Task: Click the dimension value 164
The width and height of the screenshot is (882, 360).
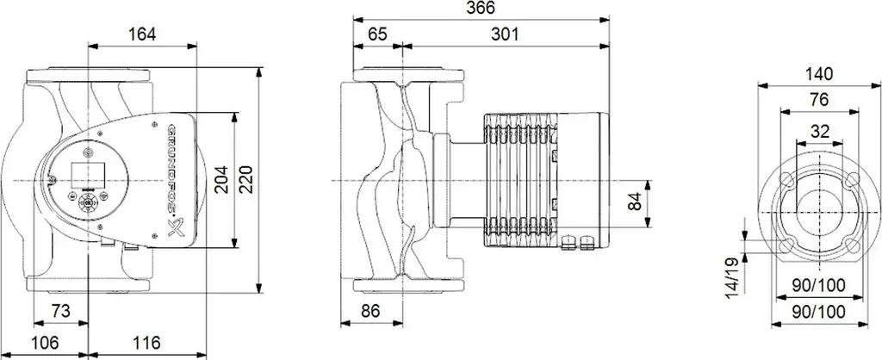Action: tap(142, 34)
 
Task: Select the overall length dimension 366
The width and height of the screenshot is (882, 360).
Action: tap(481, 8)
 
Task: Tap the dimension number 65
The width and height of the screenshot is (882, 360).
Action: tap(378, 34)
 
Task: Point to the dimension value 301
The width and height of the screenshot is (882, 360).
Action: tap(505, 34)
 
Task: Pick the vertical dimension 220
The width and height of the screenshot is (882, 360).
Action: tap(247, 180)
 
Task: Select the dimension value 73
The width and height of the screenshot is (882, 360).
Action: tap(61, 311)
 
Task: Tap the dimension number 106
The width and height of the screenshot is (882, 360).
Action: tap(45, 342)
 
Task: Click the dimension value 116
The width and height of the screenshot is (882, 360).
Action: tap(146, 342)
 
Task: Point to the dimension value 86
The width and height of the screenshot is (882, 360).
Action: tap(371, 311)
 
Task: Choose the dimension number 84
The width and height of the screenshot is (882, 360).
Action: tap(635, 202)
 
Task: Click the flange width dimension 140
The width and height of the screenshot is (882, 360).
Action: tap(819, 74)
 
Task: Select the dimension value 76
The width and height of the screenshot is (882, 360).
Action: tap(820, 100)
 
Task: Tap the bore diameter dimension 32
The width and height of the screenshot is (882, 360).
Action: tap(820, 132)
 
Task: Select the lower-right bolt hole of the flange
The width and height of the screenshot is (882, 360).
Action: tap(851, 245)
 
